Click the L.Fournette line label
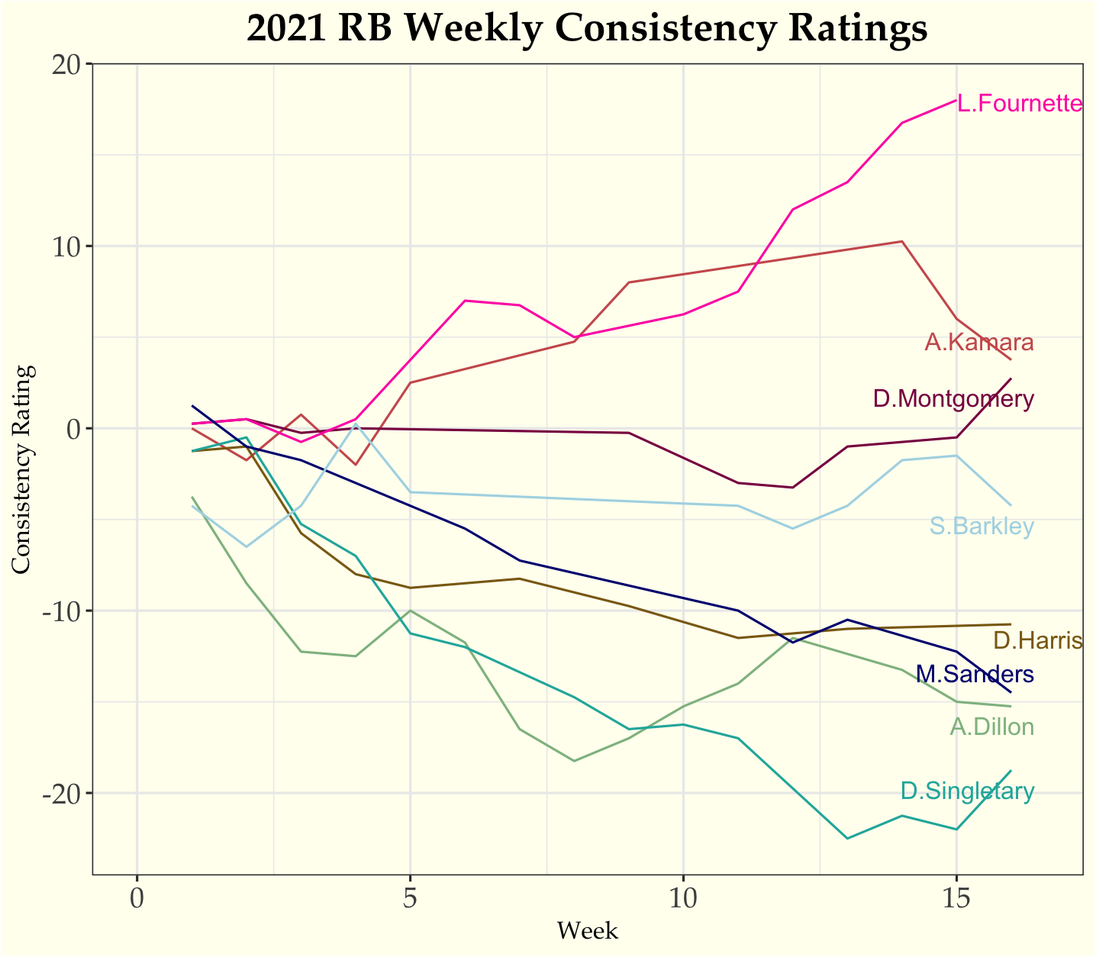tap(1020, 104)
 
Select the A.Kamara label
tap(979, 343)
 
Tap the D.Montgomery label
tap(953, 398)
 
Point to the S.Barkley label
tap(982, 527)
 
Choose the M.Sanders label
tap(975, 674)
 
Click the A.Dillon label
tap(991, 727)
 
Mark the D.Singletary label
tap(967, 791)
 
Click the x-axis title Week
tap(587, 931)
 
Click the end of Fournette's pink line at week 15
tap(956, 99)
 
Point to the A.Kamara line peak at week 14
tap(901, 241)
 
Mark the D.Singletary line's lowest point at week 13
tap(847, 839)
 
